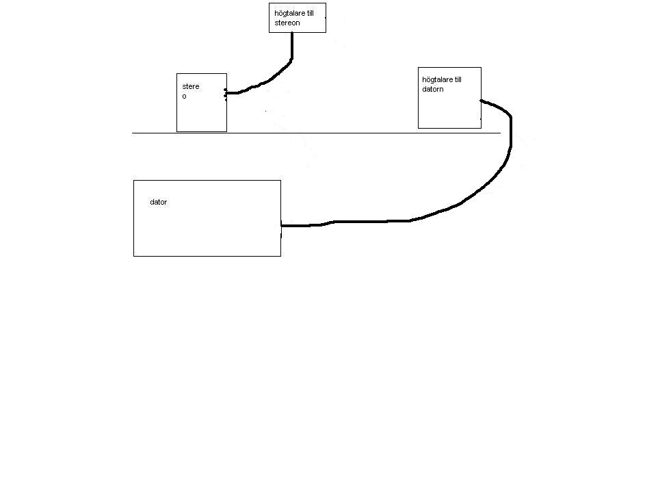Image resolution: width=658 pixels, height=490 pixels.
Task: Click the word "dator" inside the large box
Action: tap(158, 202)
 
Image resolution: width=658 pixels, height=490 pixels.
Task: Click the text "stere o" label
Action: tap(191, 91)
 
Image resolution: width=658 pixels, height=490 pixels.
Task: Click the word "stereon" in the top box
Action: tap(287, 23)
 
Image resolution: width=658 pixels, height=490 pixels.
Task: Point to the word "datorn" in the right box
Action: tap(433, 89)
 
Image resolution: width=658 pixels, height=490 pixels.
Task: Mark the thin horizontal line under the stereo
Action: tap(317, 133)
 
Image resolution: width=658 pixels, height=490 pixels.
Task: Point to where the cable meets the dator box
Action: tap(281, 225)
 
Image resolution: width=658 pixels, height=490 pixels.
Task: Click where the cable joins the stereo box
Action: tap(226, 93)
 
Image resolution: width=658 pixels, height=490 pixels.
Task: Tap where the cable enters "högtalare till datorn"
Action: tap(481, 101)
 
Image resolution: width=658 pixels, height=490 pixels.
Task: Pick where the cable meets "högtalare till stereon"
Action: tap(292, 32)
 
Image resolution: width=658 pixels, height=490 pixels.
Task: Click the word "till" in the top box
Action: tap(310, 13)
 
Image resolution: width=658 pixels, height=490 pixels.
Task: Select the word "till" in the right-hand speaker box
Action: tap(458, 79)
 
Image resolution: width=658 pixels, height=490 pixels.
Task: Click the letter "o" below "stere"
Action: tap(184, 96)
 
